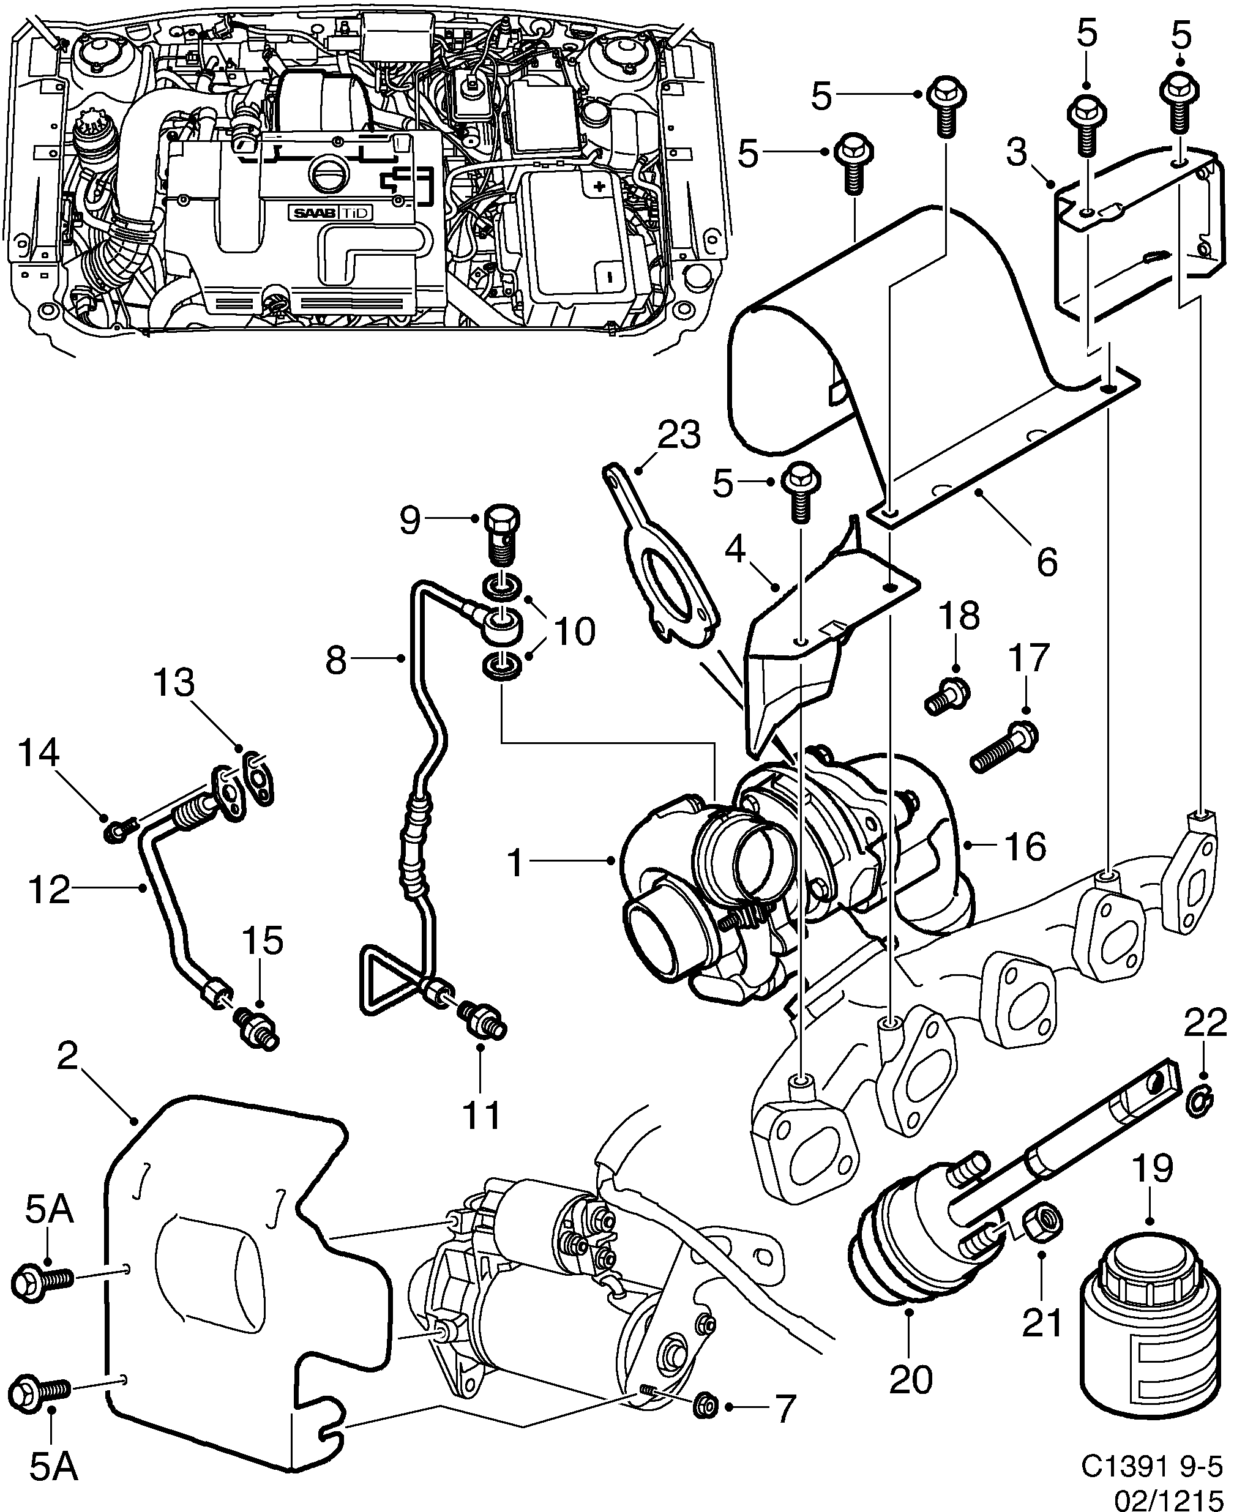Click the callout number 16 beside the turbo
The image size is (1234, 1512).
(1025, 846)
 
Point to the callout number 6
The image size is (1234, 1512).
(1046, 561)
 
